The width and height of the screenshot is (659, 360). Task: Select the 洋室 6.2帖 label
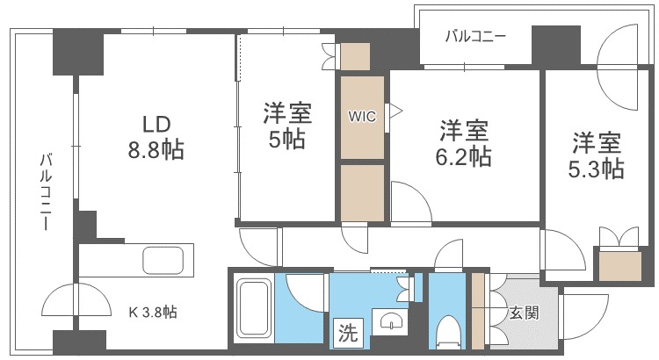point(464,144)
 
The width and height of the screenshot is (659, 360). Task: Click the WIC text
point(363,116)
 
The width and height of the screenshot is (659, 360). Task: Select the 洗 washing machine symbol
point(348,333)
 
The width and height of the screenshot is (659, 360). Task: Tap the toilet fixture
point(448,333)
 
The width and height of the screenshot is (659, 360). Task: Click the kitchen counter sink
point(163,261)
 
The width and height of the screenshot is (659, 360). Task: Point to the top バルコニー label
point(474,37)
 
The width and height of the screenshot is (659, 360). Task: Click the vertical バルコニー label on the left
point(45,191)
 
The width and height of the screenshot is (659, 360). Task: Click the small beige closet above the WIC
point(357,56)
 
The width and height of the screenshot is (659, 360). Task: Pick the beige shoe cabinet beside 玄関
point(478,312)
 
